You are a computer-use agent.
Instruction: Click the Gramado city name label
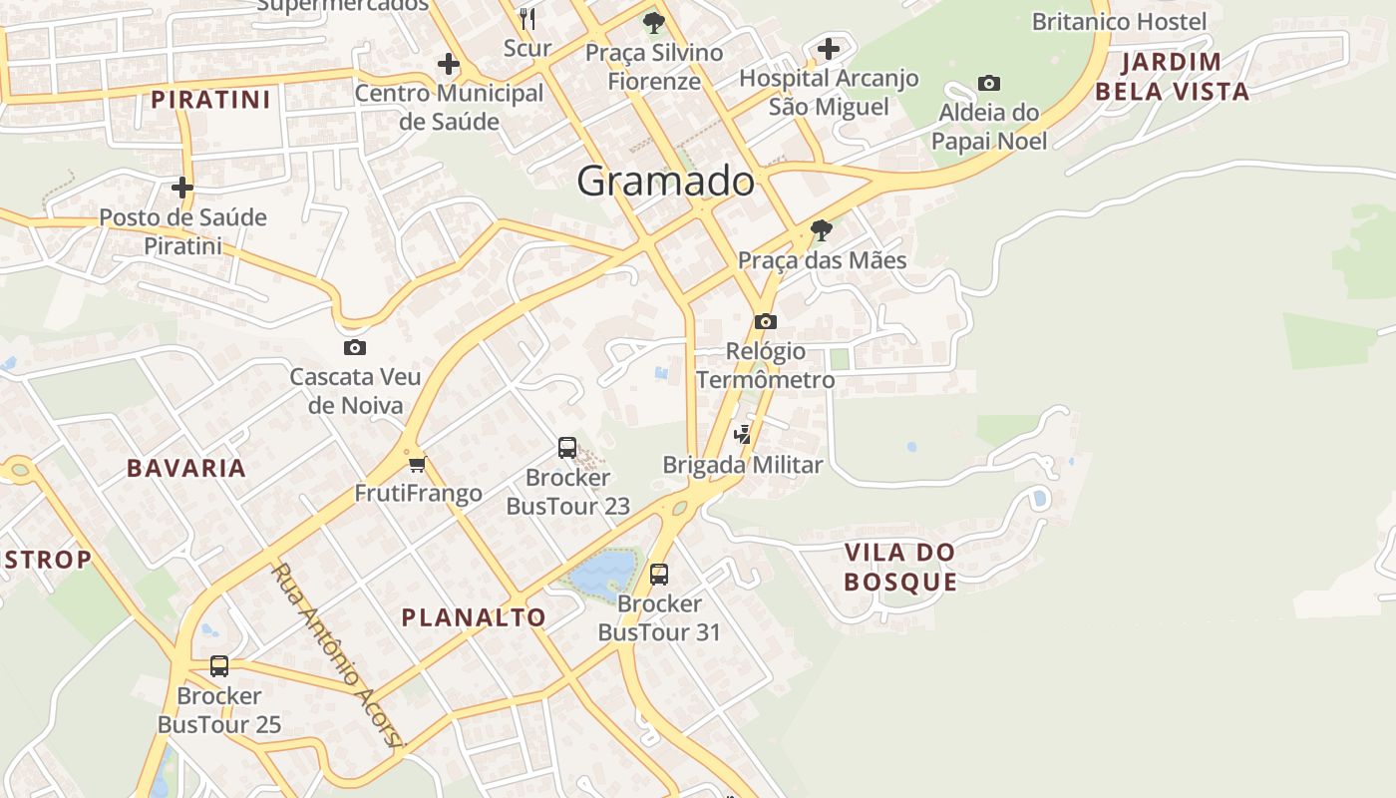tap(665, 181)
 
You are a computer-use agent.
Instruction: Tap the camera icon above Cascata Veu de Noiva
tap(354, 348)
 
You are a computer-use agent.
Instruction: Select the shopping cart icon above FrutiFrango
tap(418, 464)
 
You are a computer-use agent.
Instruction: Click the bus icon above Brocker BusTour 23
tap(567, 448)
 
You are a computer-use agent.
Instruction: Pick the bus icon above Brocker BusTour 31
tap(658, 574)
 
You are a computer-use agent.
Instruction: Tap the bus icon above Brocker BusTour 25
tap(219, 665)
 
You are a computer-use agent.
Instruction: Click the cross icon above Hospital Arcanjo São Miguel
tap(829, 48)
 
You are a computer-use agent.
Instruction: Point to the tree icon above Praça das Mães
tap(822, 231)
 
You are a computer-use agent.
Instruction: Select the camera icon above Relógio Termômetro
tap(766, 321)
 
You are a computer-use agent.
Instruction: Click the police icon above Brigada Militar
tap(742, 434)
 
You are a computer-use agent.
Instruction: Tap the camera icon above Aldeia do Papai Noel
tap(989, 83)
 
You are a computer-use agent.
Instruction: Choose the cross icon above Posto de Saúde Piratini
tap(182, 187)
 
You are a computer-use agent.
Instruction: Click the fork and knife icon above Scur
tap(527, 18)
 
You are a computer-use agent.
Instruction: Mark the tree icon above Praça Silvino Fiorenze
tap(654, 22)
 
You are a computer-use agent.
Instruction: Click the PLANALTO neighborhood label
tap(474, 617)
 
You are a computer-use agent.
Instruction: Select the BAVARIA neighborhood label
tap(185, 468)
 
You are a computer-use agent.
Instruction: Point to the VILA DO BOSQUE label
tap(900, 567)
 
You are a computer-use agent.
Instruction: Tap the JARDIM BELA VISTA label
tap(1172, 77)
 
